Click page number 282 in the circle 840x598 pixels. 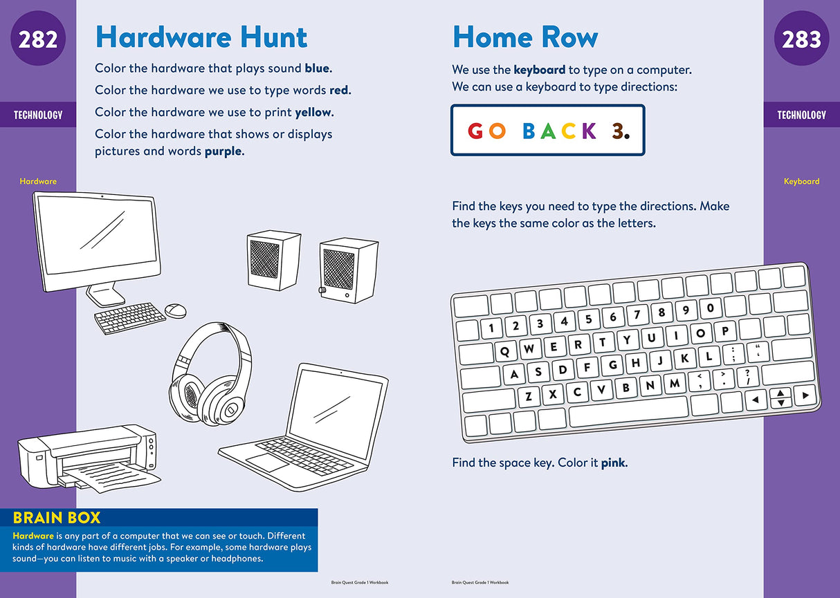pos(38,40)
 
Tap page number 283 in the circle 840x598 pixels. pos(801,40)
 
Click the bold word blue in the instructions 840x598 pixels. pos(318,68)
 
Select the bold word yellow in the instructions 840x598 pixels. pos(313,112)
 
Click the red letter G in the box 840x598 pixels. pos(476,131)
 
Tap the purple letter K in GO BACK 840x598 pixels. pos(589,131)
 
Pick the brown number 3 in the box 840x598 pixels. pos(619,131)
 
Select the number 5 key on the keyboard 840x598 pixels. pos(588,319)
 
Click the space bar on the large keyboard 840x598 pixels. pos(628,411)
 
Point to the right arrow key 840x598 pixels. pos(805,396)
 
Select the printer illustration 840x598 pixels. pos(86,456)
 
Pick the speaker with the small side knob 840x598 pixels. pos(348,270)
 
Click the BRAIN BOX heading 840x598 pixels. pos(57,517)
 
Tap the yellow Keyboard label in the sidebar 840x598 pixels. pos(801,181)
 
